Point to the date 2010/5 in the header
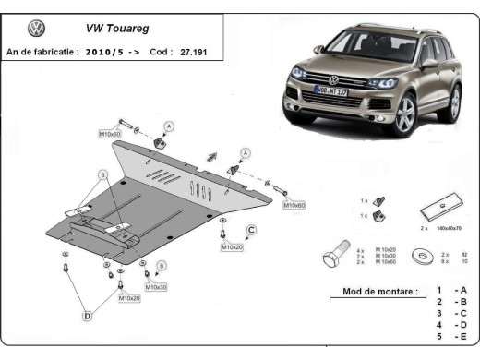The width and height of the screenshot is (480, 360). coord(112,54)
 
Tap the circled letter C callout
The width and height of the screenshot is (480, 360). coord(250,230)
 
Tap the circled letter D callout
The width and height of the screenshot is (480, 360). coord(88,317)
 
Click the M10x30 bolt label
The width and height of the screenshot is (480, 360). coord(157,288)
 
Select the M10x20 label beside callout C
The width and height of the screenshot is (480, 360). coord(232,247)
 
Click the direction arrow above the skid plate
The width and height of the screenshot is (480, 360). coord(212,155)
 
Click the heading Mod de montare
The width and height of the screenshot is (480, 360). coord(374,292)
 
